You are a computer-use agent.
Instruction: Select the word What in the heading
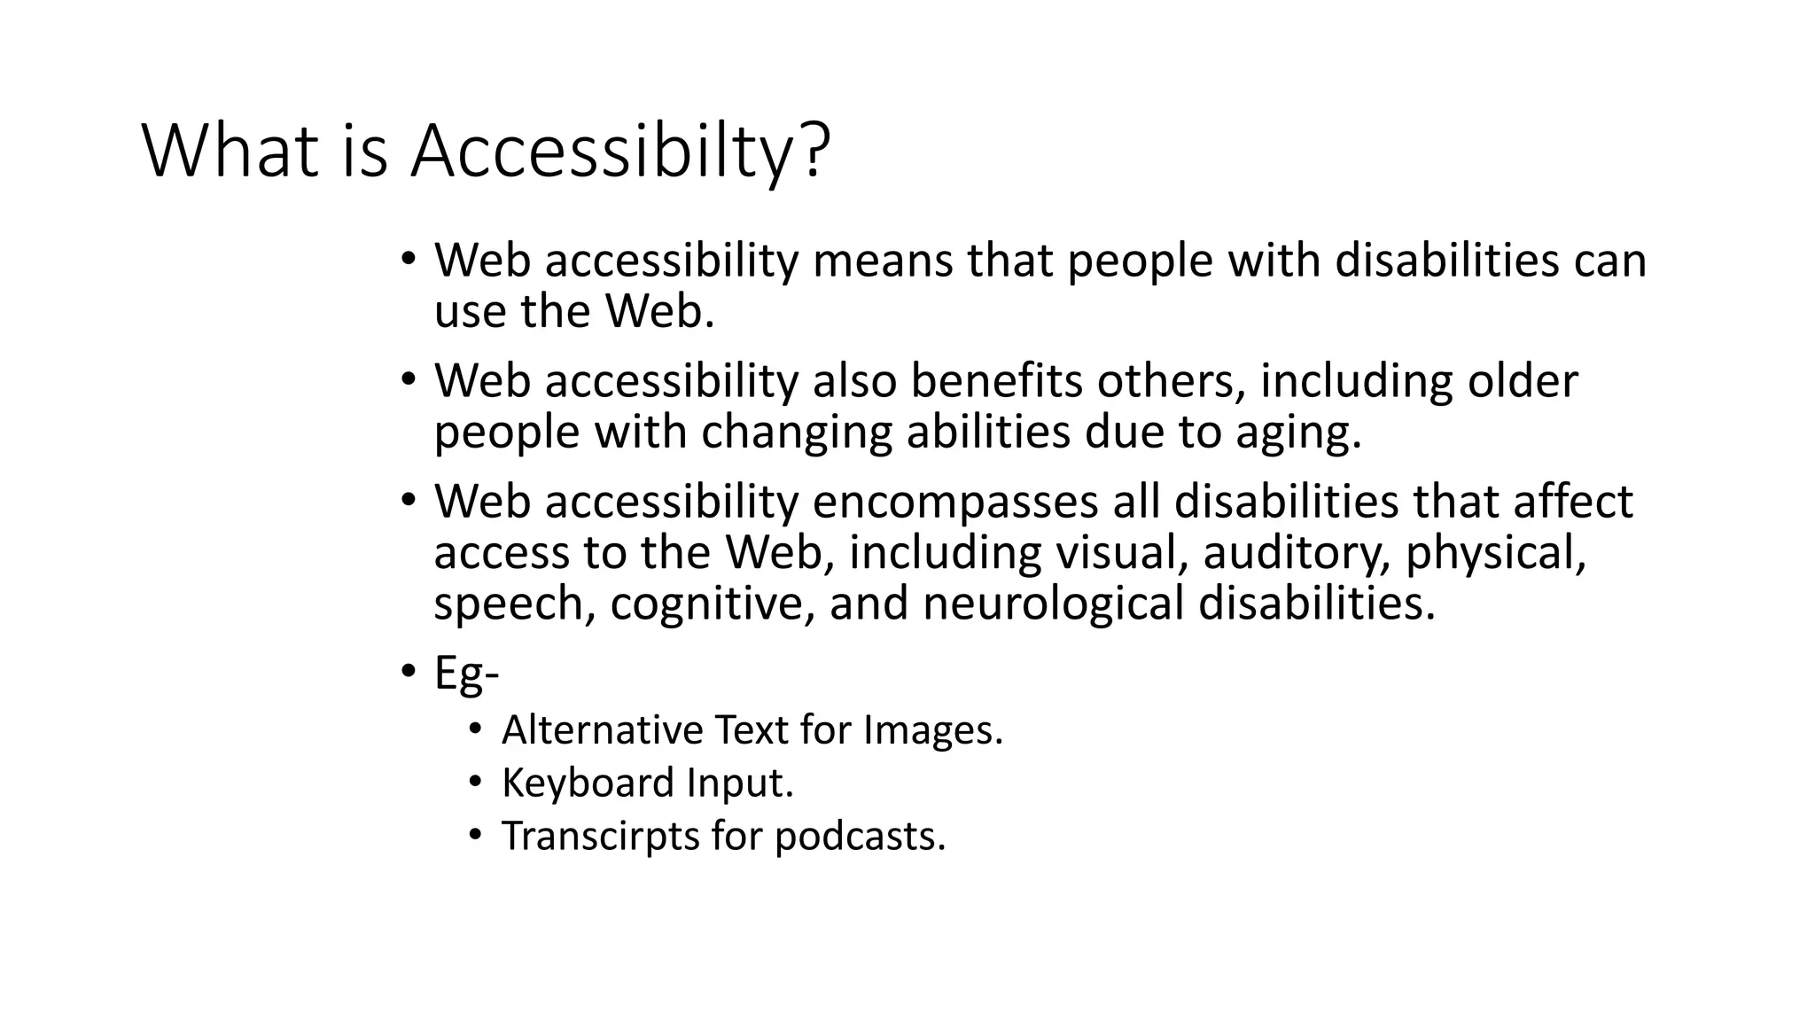point(230,152)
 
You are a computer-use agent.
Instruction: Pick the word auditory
point(1297,553)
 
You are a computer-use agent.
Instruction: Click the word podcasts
point(860,836)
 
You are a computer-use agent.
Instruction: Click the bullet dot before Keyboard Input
point(476,782)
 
